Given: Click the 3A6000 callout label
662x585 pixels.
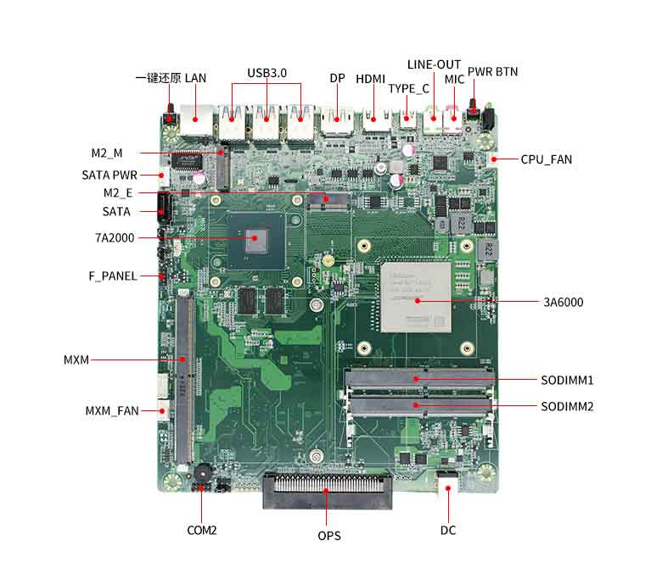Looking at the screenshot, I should (563, 302).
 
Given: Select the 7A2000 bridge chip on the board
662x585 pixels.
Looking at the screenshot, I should (254, 238).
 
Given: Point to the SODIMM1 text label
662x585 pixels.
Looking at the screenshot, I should (567, 380).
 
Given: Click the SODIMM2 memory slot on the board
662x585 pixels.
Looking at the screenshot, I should (418, 406).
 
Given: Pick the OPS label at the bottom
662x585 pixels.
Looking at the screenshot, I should (329, 536).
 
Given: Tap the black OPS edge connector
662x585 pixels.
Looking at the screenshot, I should (328, 492).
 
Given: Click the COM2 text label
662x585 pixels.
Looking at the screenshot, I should (202, 531).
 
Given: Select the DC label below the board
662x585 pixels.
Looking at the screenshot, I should (448, 531).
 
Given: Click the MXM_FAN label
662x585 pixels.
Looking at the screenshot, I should (111, 411).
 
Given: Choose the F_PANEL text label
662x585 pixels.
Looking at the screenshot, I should (113, 276).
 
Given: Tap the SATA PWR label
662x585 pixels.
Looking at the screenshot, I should (109, 175).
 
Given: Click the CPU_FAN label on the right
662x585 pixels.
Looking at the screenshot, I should (546, 159).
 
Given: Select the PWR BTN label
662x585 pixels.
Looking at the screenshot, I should (492, 71).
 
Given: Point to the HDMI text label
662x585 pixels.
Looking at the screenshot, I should (370, 79).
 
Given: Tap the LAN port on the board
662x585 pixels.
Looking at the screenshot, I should (197, 120).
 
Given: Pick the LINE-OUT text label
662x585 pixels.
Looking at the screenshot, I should (434, 64).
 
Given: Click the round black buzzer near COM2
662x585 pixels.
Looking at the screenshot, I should (202, 473).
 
